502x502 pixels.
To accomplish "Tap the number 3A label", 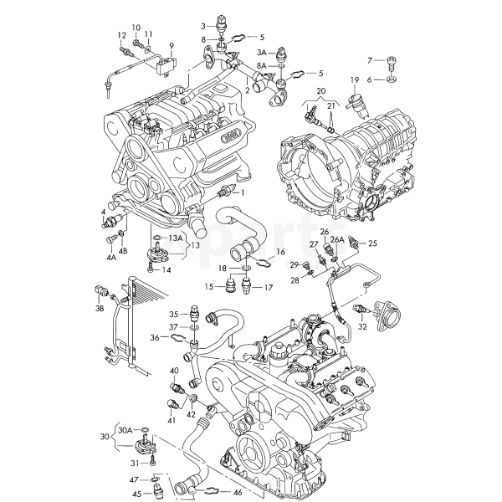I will click(x=262, y=51).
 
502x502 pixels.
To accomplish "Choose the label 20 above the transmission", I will click(x=320, y=90).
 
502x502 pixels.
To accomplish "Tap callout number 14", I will click(x=166, y=269).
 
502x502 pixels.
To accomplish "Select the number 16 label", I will click(x=281, y=251).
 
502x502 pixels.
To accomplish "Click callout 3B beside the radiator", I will click(x=100, y=309).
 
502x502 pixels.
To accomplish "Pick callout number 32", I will click(x=362, y=328).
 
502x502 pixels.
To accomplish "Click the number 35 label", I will click(x=175, y=314).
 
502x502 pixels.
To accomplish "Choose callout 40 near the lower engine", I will click(x=175, y=370).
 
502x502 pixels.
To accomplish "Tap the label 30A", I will click(x=125, y=429).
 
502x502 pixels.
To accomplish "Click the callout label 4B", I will click(x=123, y=251).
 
